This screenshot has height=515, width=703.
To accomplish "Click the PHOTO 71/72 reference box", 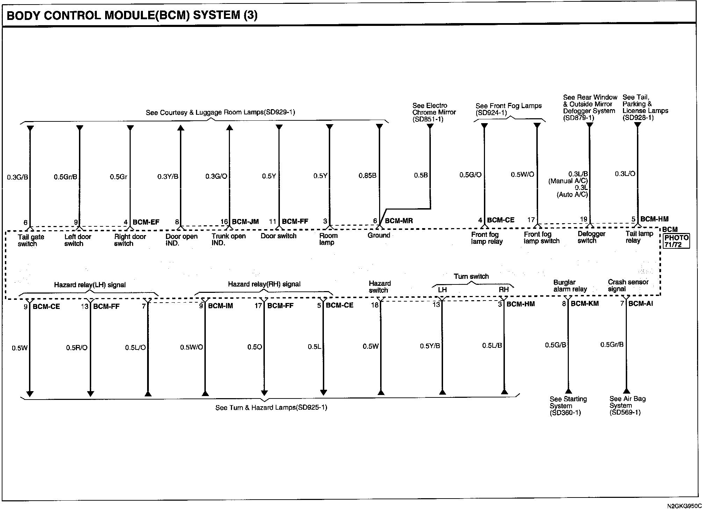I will point(676,241).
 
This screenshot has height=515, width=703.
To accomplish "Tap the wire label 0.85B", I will point(368,176).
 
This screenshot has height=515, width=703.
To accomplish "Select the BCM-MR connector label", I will point(399,221).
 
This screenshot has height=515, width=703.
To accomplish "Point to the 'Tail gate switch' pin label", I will point(31,240).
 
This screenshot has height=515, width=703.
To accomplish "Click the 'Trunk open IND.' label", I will point(229,239).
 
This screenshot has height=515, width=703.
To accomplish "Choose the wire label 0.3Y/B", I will point(168,176).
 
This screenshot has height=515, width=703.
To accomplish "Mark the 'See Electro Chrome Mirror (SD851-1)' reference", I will point(434,112).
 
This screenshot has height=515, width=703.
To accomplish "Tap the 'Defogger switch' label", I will point(591,237).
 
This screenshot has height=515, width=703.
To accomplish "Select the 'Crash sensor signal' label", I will point(628,285).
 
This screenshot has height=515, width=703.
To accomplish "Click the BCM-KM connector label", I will point(585,304).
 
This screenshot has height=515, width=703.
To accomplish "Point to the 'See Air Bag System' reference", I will point(628,405).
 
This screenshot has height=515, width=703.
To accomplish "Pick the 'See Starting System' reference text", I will point(568,406).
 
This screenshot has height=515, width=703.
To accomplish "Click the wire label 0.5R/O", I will point(77,348).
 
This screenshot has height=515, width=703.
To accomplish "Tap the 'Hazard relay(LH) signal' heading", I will point(90,285).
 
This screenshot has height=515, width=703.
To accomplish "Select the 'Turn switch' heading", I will point(471,276).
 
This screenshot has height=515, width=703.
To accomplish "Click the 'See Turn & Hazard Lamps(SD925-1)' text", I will point(271,408).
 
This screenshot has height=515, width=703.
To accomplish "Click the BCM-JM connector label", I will point(245,221).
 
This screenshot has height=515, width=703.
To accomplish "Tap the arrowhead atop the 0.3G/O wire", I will point(229,127).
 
